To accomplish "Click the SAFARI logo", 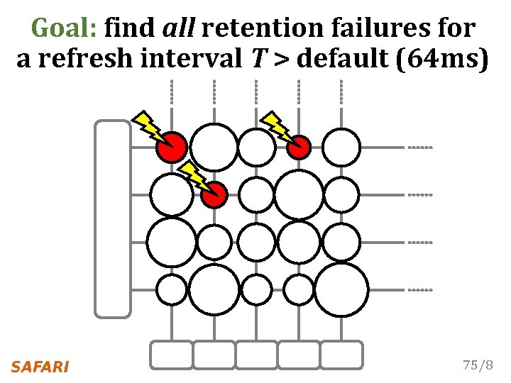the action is coord(40,367).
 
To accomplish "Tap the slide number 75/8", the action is coord(477,366).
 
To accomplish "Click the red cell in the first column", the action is coord(172,148).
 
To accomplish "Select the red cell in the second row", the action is coord(214,194).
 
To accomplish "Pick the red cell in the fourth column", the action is coord(299,147).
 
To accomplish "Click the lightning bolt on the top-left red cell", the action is coord(148,125).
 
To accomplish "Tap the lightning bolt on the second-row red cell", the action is coord(192,176).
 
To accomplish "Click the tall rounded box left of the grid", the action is coord(113,218).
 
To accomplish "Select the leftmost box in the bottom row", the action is coord(171,355).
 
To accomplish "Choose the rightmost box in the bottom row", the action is coord(341,355).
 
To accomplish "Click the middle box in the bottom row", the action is coord(256,355).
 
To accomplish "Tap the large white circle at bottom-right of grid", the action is coord(341,289).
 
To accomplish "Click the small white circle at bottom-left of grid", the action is coord(171,289).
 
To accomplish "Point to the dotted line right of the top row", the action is coord(419,148).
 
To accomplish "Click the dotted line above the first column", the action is coord(171,91).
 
